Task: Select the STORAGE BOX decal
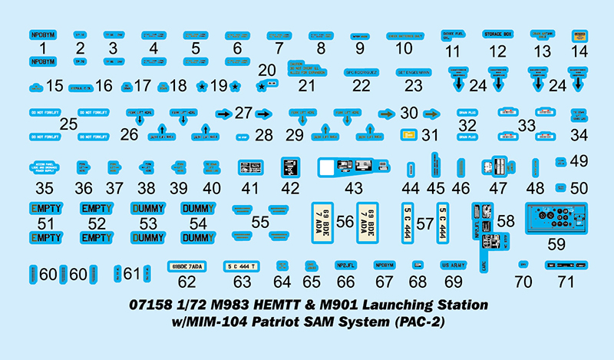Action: pos(498,35)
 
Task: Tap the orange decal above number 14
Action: pos(579,35)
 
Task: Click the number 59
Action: pos(556,244)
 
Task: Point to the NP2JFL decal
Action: pos(345,266)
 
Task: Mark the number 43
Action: pos(355,188)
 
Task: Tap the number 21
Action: pos(307,86)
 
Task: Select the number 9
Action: pos(359,51)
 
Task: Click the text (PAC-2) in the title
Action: pos(418,321)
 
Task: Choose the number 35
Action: pos(44,188)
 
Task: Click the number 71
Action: pos(565,281)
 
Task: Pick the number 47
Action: pos(499,188)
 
